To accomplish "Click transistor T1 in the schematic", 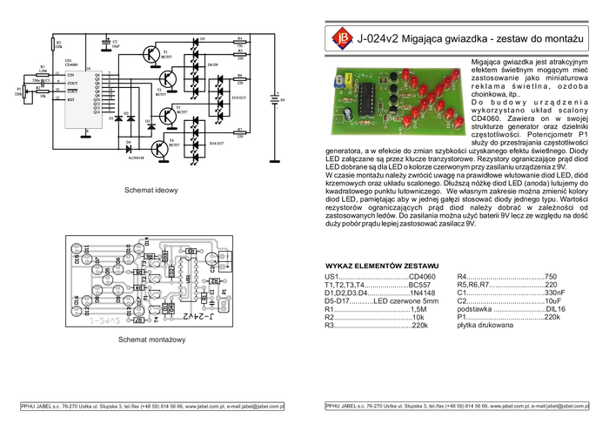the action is (153, 54).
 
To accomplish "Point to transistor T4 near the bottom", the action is (160, 149).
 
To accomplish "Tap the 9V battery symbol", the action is (275, 102).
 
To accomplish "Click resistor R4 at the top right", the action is (241, 41).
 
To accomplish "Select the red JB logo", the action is (339, 37).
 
